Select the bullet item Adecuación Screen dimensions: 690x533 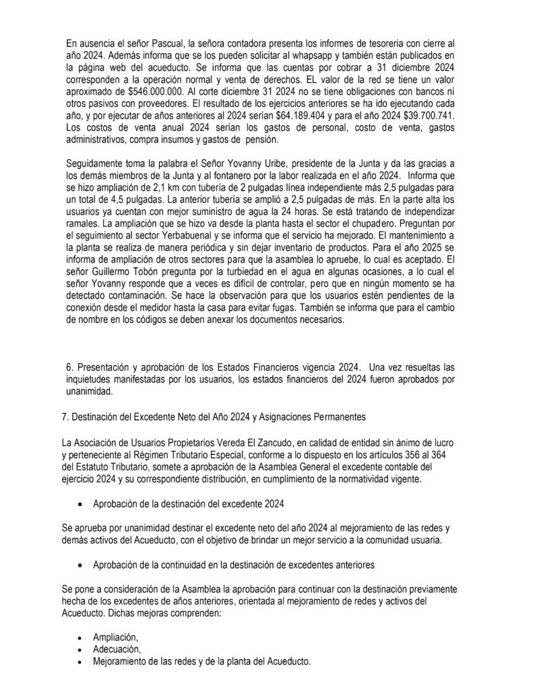click(x=117, y=649)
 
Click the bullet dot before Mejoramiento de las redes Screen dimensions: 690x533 click(x=81, y=662)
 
